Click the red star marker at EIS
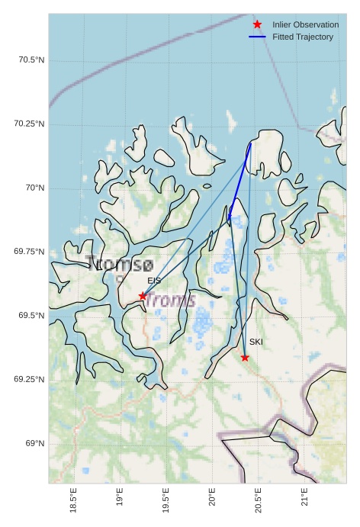pos(143,296)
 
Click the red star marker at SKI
pos(245,358)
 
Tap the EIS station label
pos(154,281)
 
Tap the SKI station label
pos(256,342)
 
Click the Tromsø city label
pos(120,265)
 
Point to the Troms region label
pos(170,300)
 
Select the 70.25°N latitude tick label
pos(29,124)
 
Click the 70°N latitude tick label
pos(34,188)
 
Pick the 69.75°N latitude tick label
pos(29,252)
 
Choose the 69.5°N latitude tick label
pos(31,316)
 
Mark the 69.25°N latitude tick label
pos(29,380)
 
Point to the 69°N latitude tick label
pos(34,444)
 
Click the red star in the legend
pos(257,24)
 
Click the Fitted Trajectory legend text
pos(303,37)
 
